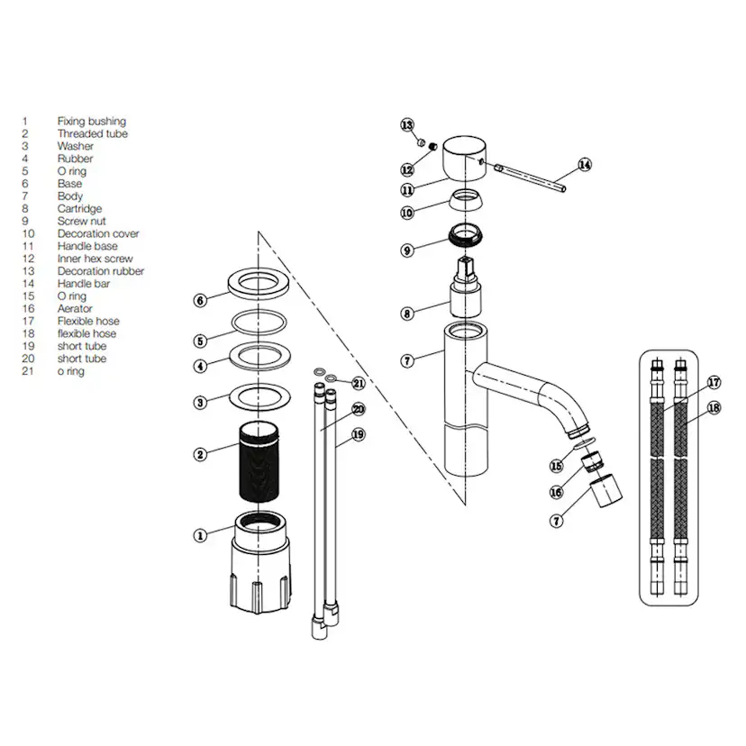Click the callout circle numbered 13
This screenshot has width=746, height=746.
tap(407, 125)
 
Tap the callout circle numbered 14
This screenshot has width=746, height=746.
tap(585, 165)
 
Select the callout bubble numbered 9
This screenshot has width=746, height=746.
tap(407, 250)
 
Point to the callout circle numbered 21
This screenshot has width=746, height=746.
tap(359, 383)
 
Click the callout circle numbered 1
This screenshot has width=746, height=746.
tap(200, 536)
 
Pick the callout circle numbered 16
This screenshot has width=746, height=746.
tap(556, 492)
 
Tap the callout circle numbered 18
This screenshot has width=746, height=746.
tap(714, 408)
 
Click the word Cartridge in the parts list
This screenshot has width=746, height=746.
tap(79, 209)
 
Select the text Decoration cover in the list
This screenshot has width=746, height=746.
tap(98, 233)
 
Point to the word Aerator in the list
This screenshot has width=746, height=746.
tap(75, 309)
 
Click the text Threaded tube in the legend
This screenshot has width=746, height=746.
tap(92, 133)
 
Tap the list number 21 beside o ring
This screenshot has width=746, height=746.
tap(28, 371)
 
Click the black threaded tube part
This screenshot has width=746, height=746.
tap(259, 461)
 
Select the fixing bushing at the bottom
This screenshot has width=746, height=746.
tap(259, 563)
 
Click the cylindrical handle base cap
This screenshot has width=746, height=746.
tap(464, 159)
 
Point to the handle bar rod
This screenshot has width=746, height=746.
tap(530, 177)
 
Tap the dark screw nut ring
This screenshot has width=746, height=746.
tap(466, 235)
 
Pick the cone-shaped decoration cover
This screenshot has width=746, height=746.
tap(466, 199)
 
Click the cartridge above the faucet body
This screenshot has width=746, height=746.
tap(466, 287)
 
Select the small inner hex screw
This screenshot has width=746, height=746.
tap(433, 147)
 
